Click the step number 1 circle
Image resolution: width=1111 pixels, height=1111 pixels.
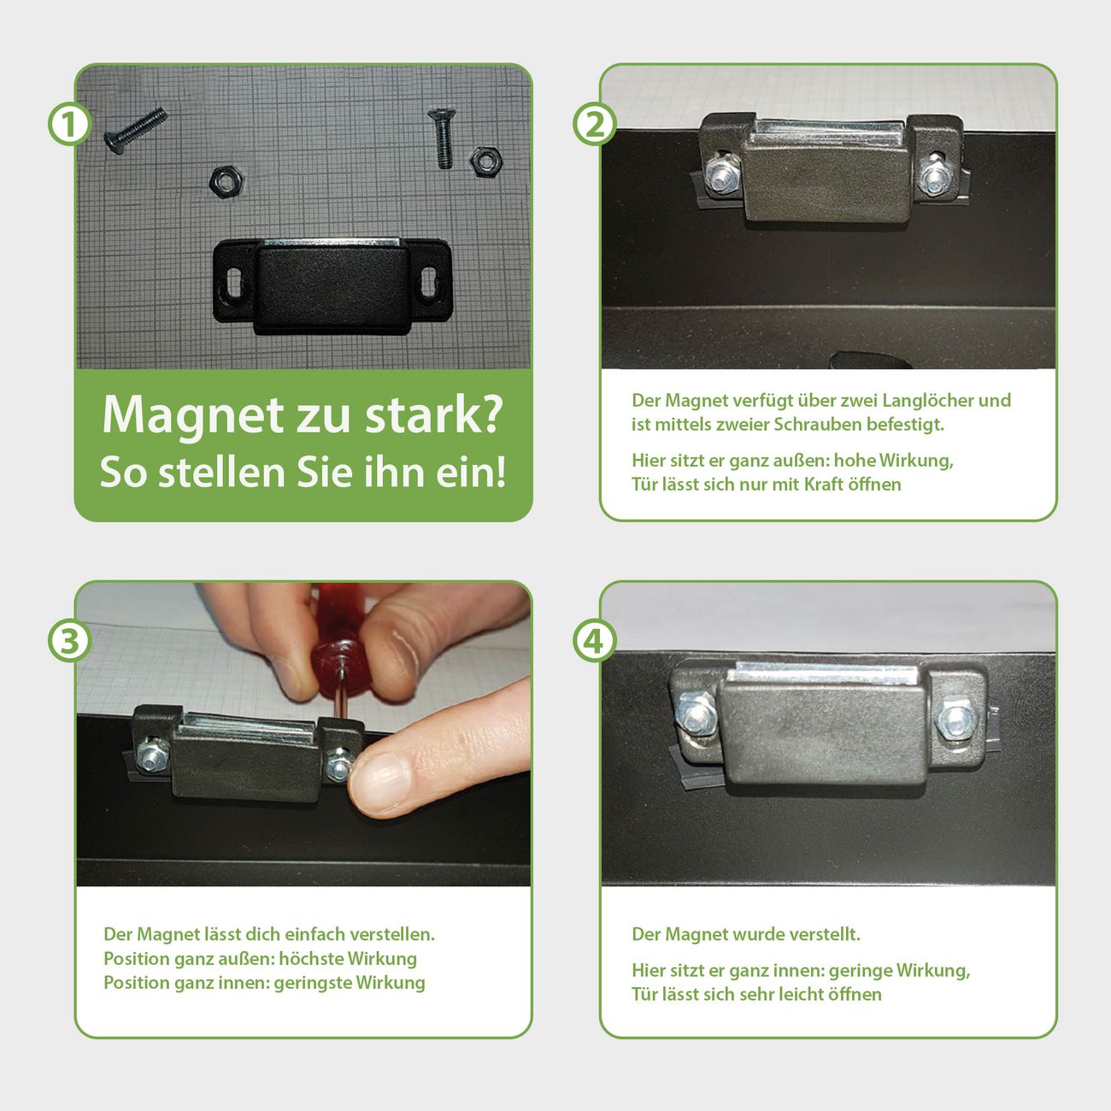click(x=69, y=124)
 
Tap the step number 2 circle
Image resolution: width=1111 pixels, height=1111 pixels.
click(x=595, y=124)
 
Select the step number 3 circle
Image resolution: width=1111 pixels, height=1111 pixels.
click(x=69, y=641)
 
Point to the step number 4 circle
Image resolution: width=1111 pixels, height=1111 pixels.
click(x=595, y=641)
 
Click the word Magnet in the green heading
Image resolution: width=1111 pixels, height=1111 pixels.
click(x=192, y=416)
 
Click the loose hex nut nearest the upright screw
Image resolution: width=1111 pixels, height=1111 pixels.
click(x=485, y=162)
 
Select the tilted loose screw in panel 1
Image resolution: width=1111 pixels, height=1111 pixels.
click(x=136, y=131)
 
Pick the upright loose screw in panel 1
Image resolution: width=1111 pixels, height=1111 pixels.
click(x=442, y=138)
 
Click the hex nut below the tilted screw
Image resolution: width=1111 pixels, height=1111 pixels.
click(x=225, y=182)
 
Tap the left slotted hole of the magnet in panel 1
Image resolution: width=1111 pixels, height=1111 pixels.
click(x=234, y=282)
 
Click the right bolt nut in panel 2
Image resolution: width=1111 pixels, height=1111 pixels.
click(x=933, y=178)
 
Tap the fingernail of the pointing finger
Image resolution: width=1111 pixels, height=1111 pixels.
click(x=379, y=784)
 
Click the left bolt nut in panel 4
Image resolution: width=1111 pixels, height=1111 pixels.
click(x=697, y=714)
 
